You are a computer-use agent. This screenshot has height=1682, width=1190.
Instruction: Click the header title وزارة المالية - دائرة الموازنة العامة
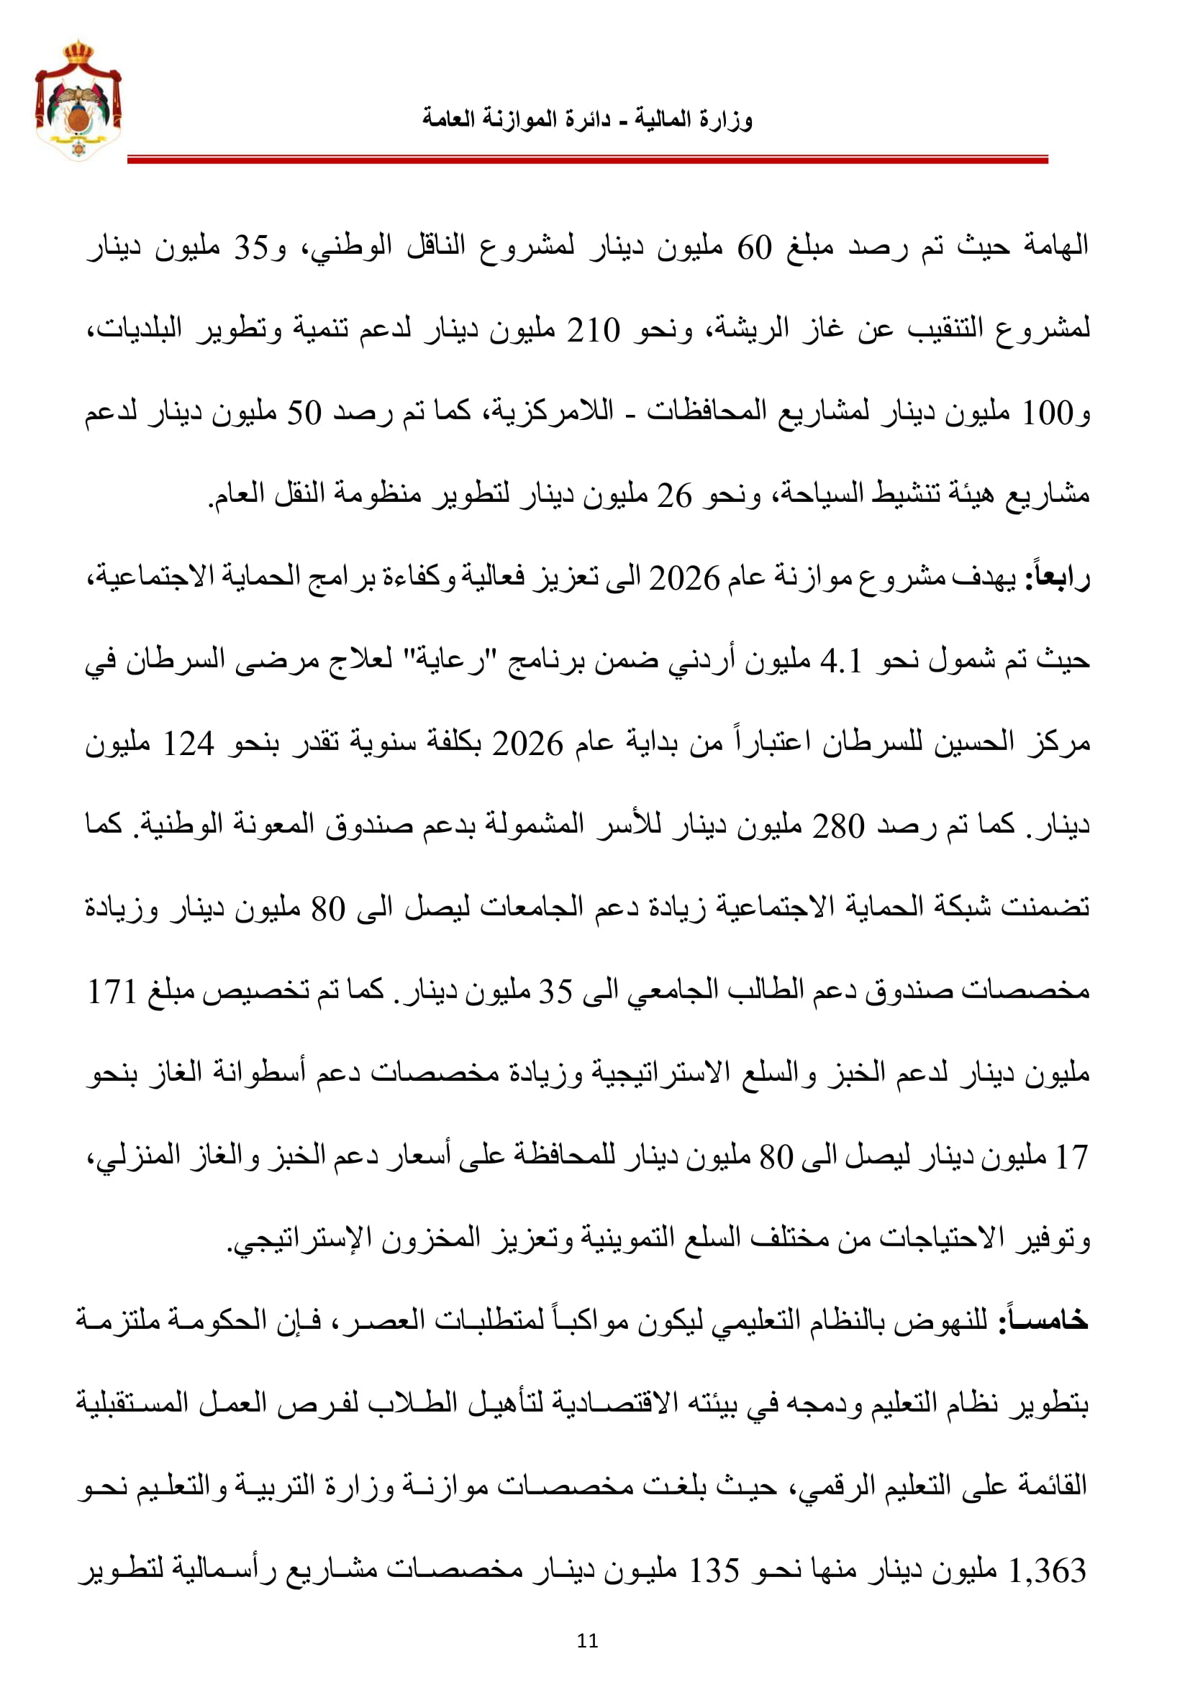point(587,119)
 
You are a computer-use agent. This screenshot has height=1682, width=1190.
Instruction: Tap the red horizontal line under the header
point(587,159)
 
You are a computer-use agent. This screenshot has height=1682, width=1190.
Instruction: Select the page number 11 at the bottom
point(587,1640)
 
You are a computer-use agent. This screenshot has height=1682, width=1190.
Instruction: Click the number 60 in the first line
point(754,248)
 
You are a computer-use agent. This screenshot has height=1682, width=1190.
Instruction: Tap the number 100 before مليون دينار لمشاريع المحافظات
point(1048,414)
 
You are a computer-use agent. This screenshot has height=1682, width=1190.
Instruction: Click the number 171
point(112,992)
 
